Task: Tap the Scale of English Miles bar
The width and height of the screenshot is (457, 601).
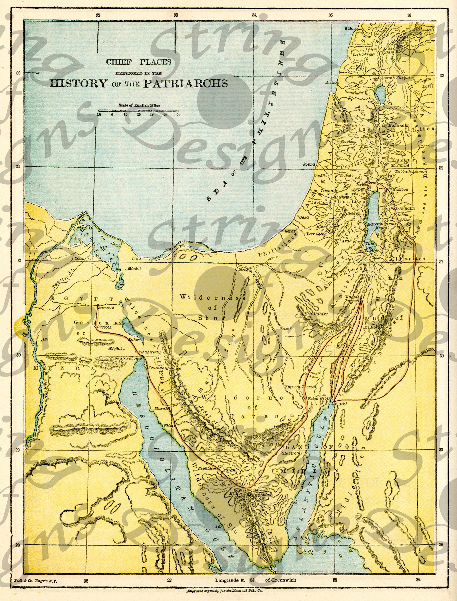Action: (x=138, y=111)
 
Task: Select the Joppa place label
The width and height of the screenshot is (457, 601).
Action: (x=309, y=164)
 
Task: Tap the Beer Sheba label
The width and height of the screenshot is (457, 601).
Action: (x=316, y=234)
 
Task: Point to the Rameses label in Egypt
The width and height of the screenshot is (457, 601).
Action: (x=106, y=308)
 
